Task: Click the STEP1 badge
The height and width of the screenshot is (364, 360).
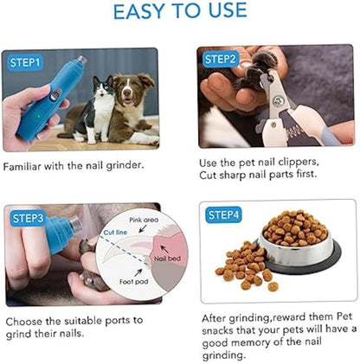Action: pyautogui.click(x=27, y=62)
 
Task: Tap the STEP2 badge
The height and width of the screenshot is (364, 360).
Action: pyautogui.click(x=220, y=59)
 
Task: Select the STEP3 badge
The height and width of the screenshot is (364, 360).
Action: pyautogui.click(x=27, y=218)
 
